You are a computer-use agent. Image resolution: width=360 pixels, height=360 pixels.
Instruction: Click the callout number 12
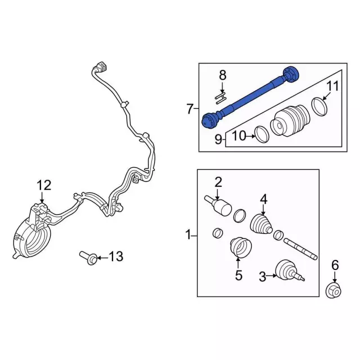(x=44, y=184)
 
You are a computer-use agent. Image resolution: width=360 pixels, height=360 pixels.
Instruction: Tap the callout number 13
(x=115, y=257)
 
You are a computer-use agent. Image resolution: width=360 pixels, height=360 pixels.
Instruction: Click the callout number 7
(x=190, y=109)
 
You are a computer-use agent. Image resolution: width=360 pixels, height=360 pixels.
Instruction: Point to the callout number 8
(x=223, y=74)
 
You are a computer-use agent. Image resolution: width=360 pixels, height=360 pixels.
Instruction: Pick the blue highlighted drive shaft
(x=250, y=96)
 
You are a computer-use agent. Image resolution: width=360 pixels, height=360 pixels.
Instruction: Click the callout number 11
(x=333, y=86)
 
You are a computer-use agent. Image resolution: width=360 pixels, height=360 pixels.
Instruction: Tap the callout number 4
(x=263, y=198)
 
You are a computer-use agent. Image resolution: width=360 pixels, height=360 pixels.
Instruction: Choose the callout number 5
(x=238, y=275)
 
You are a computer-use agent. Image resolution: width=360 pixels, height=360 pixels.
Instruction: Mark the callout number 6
(x=335, y=264)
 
